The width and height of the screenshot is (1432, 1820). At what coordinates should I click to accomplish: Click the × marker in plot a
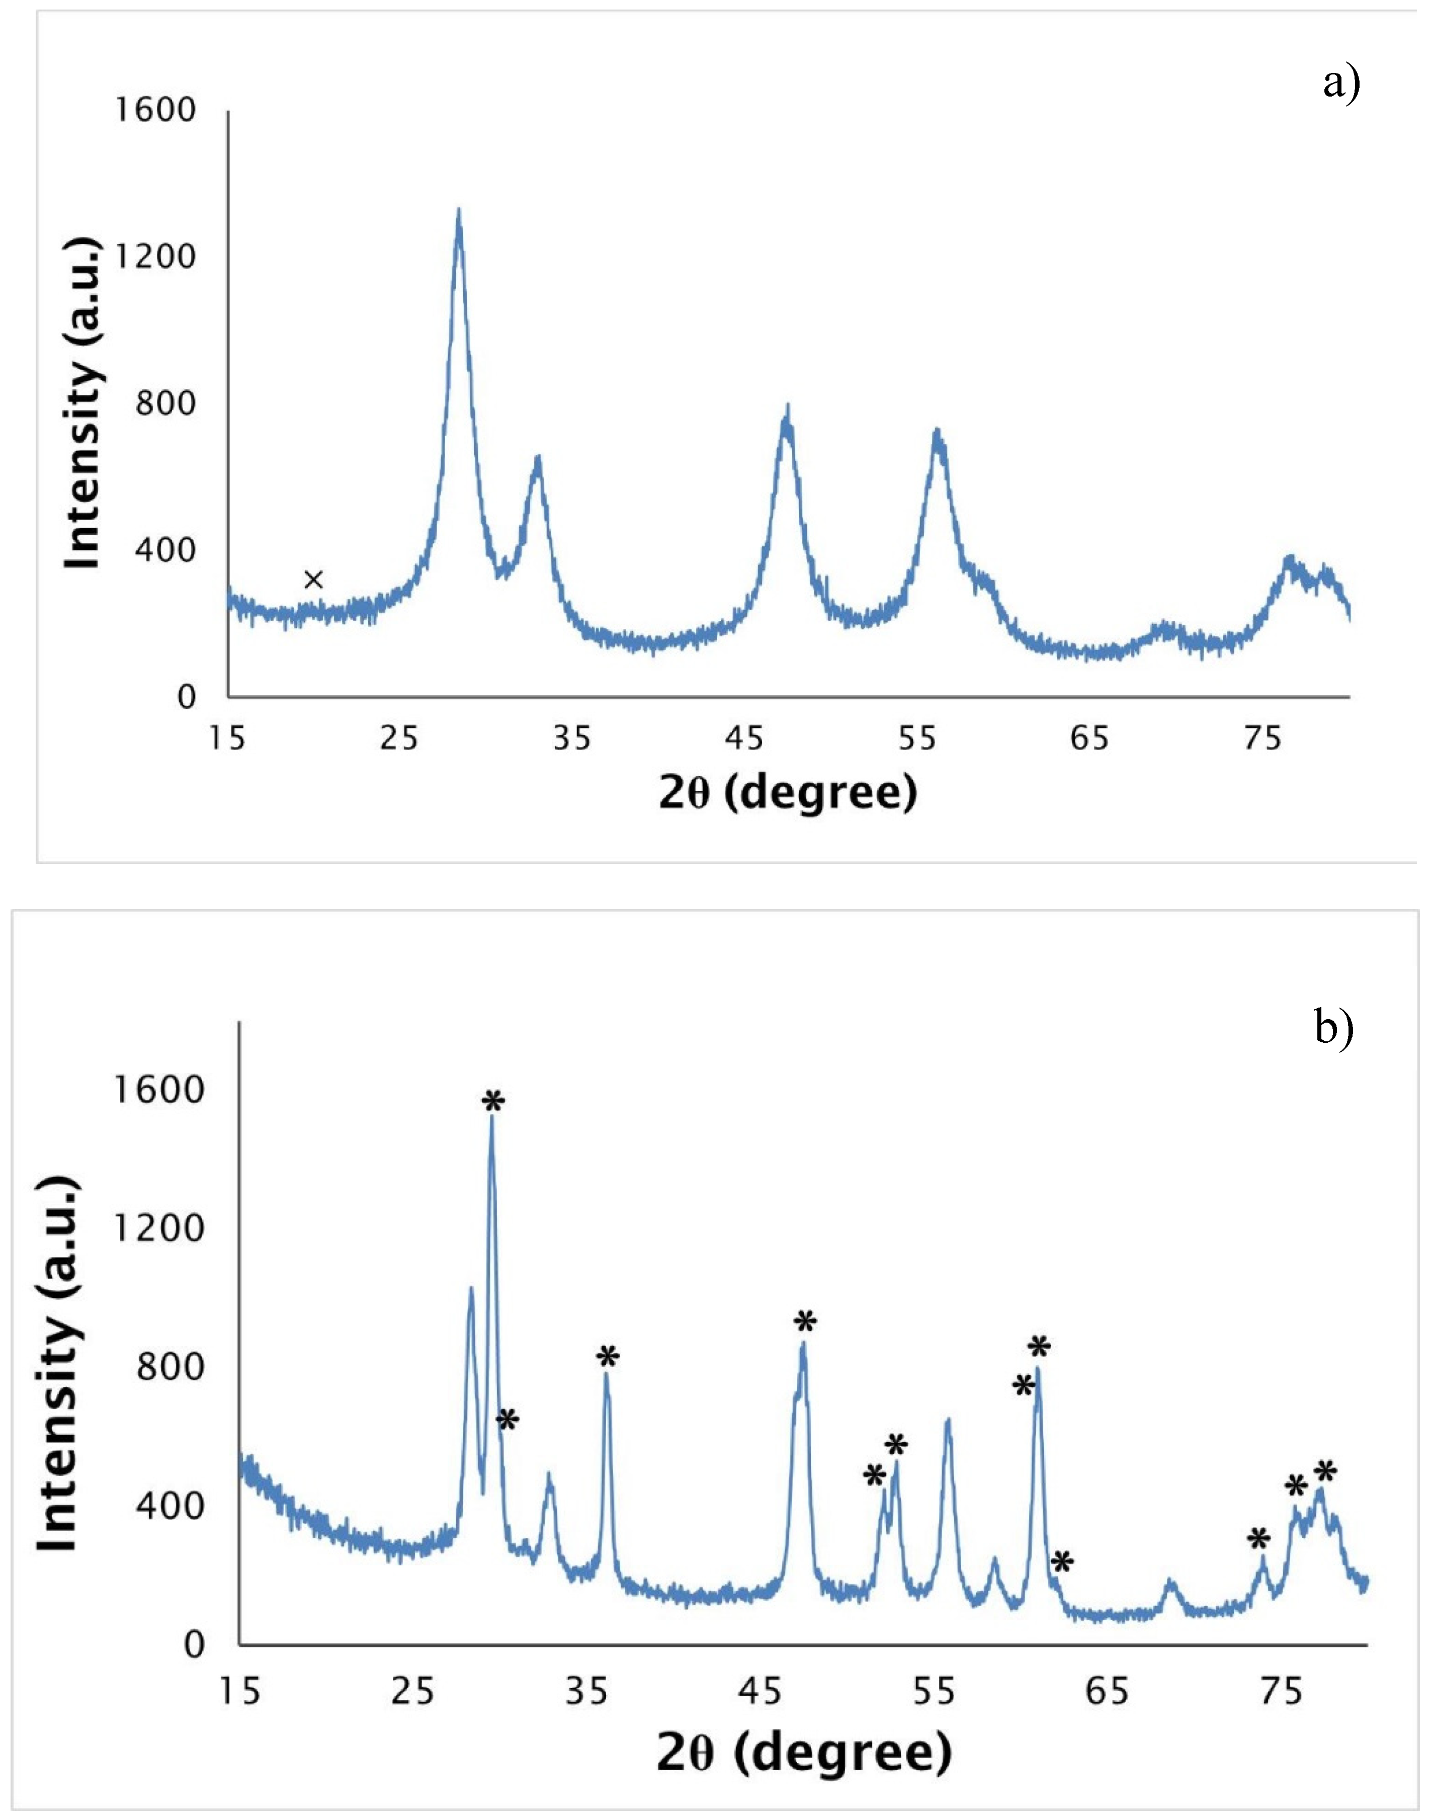[313, 580]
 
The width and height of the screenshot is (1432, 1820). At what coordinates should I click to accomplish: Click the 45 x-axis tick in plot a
[744, 738]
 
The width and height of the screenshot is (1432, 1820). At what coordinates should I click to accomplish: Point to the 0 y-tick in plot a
[186, 698]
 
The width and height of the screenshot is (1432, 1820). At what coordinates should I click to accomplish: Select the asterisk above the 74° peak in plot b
[1258, 1539]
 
